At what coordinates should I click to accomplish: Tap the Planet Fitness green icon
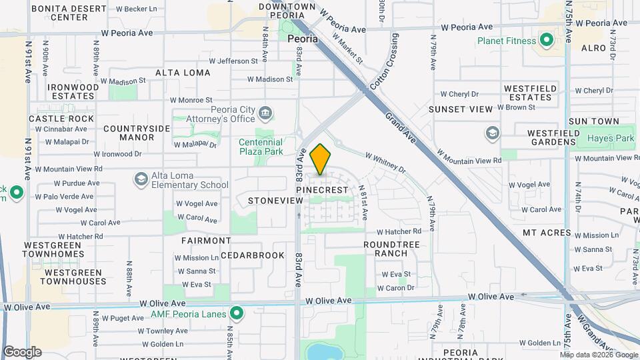click(x=547, y=41)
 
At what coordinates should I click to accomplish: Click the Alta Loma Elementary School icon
click(x=141, y=179)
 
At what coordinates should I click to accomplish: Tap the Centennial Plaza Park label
click(x=261, y=147)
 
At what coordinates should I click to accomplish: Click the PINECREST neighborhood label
click(x=322, y=190)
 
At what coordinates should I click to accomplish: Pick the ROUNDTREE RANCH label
click(x=391, y=249)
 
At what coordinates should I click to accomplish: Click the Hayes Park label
click(x=610, y=139)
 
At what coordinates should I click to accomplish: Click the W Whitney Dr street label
click(x=385, y=162)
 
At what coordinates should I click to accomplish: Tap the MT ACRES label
click(x=547, y=233)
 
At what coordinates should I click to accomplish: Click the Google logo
click(x=22, y=352)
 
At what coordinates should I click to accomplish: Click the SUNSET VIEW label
click(x=461, y=109)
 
